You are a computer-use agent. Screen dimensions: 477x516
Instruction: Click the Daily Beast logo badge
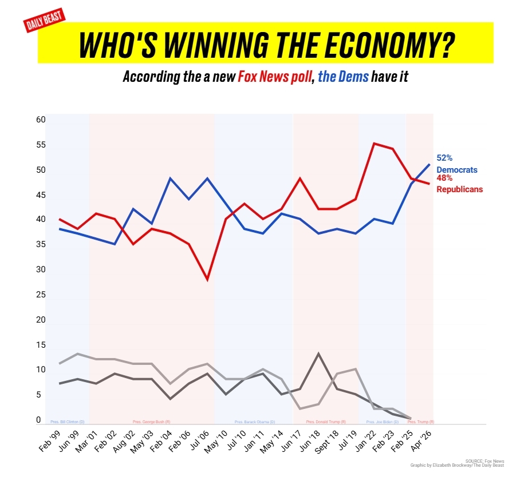[x=45, y=21]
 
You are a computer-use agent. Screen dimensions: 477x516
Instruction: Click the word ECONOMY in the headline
[x=364, y=43]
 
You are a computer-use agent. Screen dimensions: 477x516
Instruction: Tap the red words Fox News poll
[x=275, y=77]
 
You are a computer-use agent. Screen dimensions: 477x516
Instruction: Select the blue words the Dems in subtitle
[x=343, y=77]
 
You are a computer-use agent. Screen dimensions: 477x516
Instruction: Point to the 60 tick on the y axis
[x=41, y=120]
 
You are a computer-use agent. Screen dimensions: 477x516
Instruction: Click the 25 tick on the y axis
[x=41, y=295]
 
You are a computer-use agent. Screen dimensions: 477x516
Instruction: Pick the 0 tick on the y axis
[x=39, y=420]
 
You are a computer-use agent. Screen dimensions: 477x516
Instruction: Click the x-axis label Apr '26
[x=423, y=442]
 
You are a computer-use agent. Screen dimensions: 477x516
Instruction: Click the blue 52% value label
[x=444, y=158]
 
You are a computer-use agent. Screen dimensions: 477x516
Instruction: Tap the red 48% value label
[x=444, y=178]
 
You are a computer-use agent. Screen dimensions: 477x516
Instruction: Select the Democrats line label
[x=456, y=169]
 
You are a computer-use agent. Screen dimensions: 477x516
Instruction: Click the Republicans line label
[x=459, y=189]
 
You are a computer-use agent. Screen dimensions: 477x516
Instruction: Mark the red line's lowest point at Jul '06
[x=207, y=280]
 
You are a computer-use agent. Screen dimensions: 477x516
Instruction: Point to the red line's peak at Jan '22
[x=374, y=144]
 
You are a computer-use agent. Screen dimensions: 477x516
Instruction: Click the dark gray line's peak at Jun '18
[x=318, y=353]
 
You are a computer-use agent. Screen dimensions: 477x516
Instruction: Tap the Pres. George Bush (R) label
[x=151, y=422]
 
